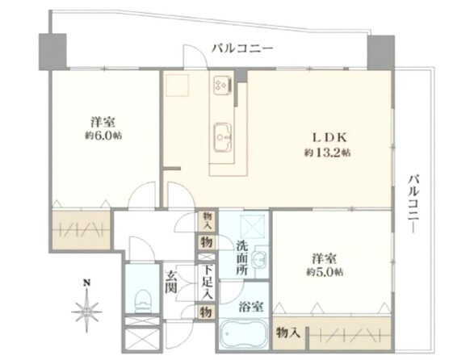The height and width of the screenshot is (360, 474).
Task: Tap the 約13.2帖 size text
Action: click(x=327, y=152)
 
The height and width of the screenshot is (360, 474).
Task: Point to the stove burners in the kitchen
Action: click(x=221, y=84)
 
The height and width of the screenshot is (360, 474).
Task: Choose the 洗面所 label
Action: click(x=242, y=257)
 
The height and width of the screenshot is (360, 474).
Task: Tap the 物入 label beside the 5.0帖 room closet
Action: click(x=289, y=331)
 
